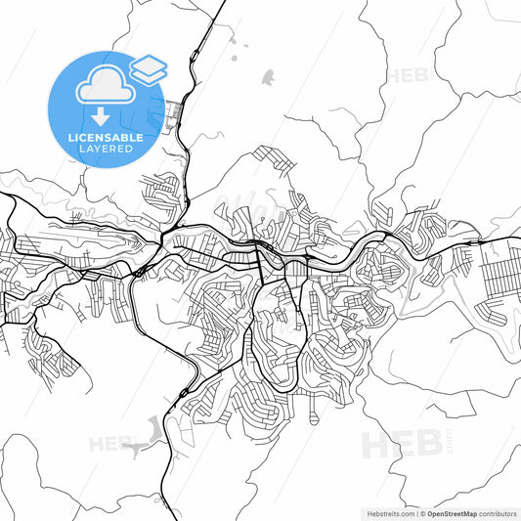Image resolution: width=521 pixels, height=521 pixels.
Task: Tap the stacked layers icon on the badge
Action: point(149,67)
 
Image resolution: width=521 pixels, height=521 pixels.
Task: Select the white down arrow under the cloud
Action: point(101,115)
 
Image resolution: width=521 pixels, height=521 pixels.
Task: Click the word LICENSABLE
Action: point(106,138)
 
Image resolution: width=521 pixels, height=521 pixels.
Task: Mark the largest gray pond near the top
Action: point(267,75)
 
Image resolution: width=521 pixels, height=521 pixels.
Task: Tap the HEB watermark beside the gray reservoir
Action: point(110,444)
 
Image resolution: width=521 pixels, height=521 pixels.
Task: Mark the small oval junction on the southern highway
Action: point(183,394)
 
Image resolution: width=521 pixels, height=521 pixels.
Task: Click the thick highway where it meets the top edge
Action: point(223,3)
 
